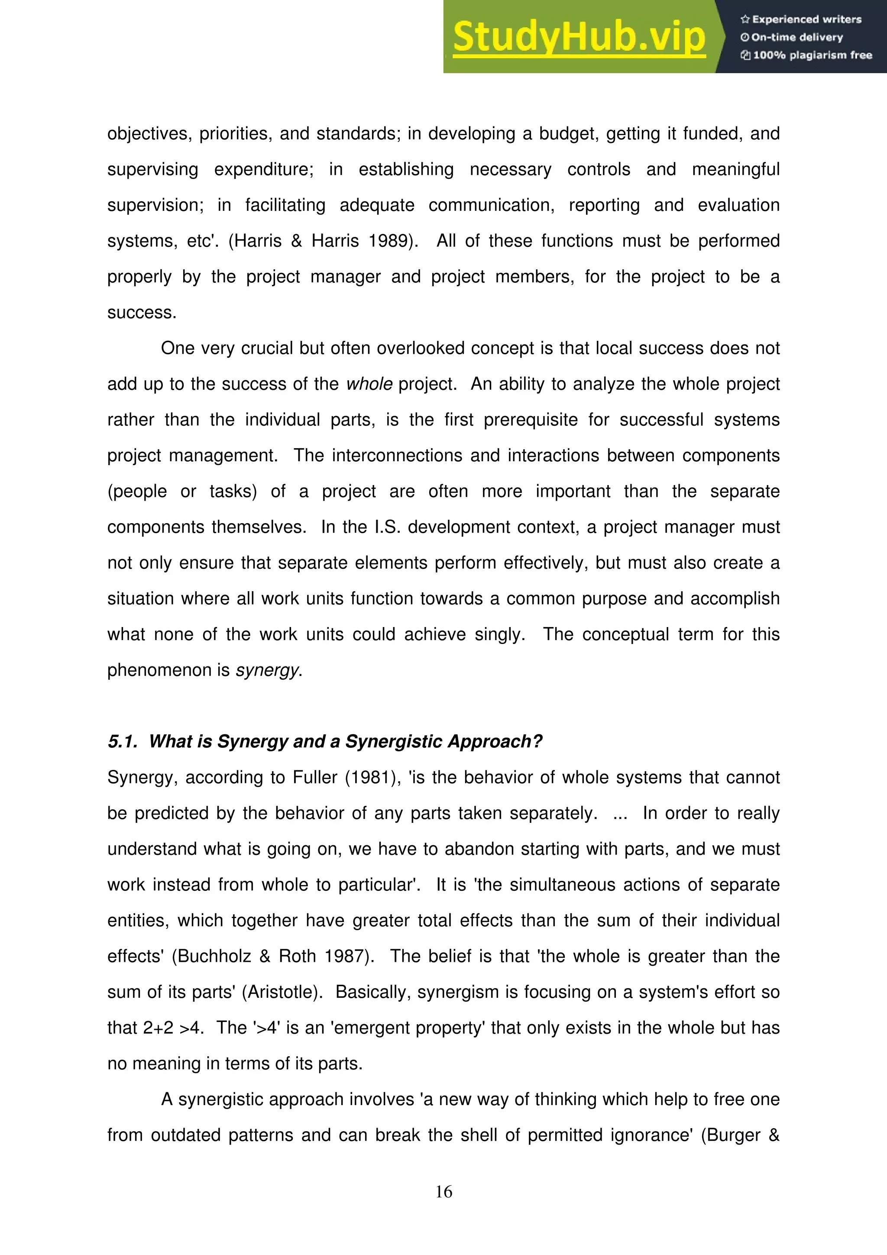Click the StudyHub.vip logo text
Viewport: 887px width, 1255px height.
click(x=579, y=37)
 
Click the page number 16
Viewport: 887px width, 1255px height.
click(x=443, y=1192)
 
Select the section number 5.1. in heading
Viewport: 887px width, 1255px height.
click(x=123, y=742)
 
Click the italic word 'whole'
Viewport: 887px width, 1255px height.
click(x=369, y=384)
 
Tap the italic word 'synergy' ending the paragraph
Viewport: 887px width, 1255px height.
click(x=267, y=670)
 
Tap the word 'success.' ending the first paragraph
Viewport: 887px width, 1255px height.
click(x=142, y=313)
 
